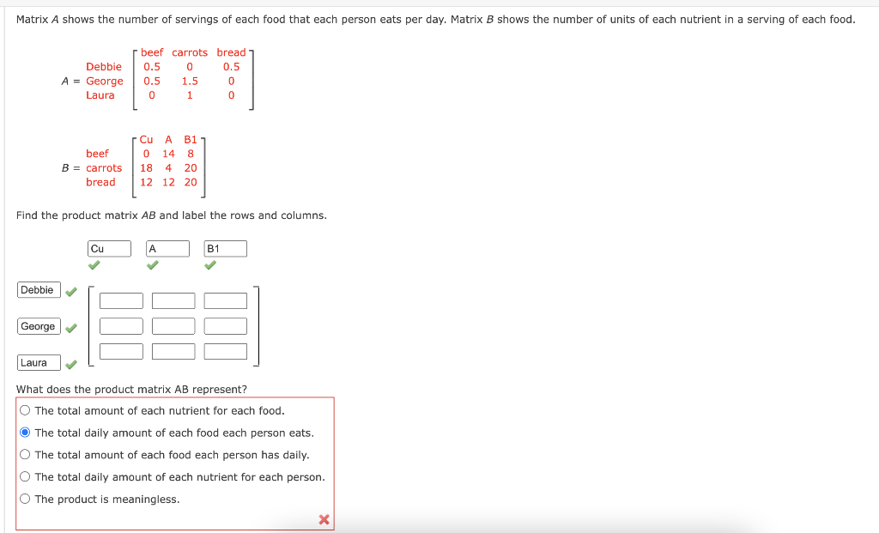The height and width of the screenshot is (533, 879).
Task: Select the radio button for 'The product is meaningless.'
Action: (x=25, y=500)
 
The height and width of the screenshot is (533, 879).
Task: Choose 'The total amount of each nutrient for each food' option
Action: (x=25, y=410)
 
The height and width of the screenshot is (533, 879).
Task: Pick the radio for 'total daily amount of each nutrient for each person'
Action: (x=25, y=477)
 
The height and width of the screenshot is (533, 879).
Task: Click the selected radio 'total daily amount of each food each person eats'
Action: (x=25, y=433)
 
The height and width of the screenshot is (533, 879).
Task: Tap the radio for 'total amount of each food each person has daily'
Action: (x=25, y=455)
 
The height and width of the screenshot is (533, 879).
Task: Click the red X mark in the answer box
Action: (x=324, y=519)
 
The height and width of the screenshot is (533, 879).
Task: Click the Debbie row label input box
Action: (x=39, y=290)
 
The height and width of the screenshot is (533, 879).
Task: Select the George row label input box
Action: (x=39, y=326)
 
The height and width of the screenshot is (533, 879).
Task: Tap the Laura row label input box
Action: (x=39, y=362)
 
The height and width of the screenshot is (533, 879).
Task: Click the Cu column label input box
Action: (x=110, y=249)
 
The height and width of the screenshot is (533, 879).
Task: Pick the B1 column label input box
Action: (x=226, y=249)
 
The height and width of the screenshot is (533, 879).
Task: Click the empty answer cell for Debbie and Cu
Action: (x=121, y=300)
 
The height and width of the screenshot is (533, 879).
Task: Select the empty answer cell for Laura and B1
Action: (x=226, y=351)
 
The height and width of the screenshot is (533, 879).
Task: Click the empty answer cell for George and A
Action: (x=173, y=326)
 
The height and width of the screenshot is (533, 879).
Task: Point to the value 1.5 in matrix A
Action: (x=190, y=82)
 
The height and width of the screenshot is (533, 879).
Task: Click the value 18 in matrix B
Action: (x=147, y=168)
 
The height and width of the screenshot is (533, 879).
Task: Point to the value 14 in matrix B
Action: (x=168, y=154)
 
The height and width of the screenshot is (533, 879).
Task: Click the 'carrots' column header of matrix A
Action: (x=190, y=52)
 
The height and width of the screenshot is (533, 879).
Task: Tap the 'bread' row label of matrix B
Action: (x=100, y=182)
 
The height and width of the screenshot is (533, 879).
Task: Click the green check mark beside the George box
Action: (x=72, y=328)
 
